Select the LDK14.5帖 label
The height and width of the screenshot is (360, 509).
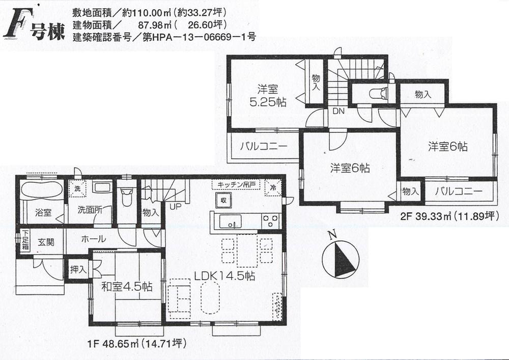224,276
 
